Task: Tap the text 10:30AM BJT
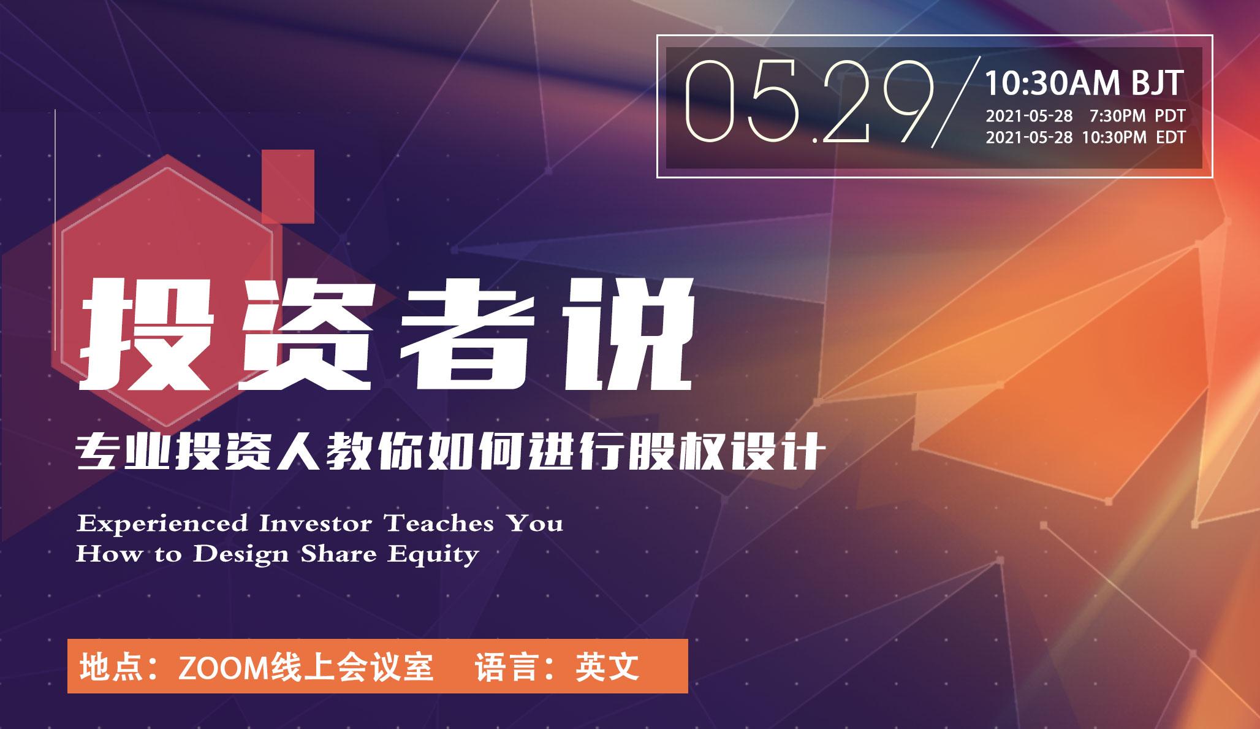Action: pyautogui.click(x=1084, y=83)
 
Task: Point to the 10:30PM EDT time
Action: pyautogui.click(x=1134, y=137)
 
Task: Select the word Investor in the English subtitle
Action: pyautogui.click(x=315, y=524)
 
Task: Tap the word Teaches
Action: pyautogui.click(x=439, y=524)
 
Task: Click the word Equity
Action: pyautogui.click(x=433, y=555)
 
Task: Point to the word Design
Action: pyautogui.click(x=241, y=555)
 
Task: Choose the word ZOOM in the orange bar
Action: pyautogui.click(x=223, y=667)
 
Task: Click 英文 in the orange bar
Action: pyautogui.click(x=607, y=667)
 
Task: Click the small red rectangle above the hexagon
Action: pyautogui.click(x=288, y=186)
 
